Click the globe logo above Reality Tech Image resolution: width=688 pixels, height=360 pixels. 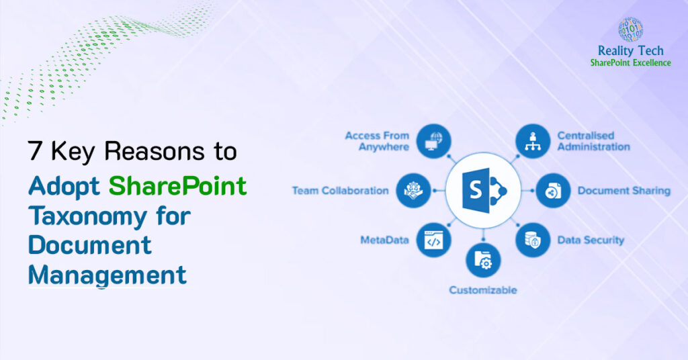tap(630, 30)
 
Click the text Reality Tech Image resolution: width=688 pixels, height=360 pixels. tap(630, 51)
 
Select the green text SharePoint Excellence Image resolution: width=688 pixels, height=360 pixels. tap(630, 62)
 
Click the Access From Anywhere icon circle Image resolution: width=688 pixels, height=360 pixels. tap(433, 141)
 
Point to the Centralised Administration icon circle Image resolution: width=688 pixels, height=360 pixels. tap(533, 141)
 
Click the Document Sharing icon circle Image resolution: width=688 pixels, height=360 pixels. tap(552, 190)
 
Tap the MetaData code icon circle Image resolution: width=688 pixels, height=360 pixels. tap(433, 240)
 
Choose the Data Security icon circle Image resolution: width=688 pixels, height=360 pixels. tap(533, 240)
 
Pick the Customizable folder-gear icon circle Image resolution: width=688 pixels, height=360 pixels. tap(483, 261)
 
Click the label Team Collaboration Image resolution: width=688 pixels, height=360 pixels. tap(340, 191)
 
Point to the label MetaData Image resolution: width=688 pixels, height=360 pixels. tap(384, 240)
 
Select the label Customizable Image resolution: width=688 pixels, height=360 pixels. tap(483, 290)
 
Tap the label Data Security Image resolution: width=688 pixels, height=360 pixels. tap(591, 240)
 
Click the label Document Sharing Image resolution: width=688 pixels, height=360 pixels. tap(623, 191)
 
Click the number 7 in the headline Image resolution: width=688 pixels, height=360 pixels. tap(34, 152)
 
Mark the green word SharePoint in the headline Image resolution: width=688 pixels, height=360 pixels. tap(178, 186)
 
